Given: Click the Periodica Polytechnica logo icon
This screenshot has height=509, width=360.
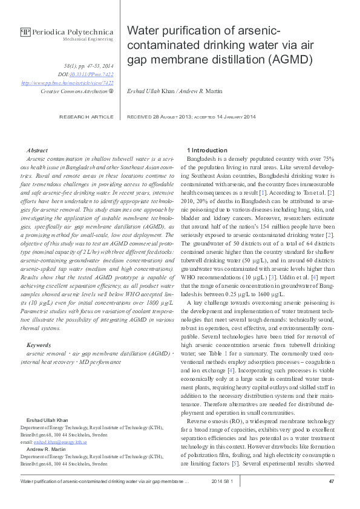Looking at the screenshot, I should (25, 31).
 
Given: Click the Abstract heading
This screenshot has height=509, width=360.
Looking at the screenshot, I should (38, 150).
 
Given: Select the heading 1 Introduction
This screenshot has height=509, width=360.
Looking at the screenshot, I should (206, 150).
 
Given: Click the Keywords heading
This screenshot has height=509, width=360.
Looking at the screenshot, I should (39, 345).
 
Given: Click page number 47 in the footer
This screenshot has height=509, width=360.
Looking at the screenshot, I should (332, 481).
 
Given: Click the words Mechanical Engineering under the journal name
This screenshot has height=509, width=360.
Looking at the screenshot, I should (88, 39).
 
